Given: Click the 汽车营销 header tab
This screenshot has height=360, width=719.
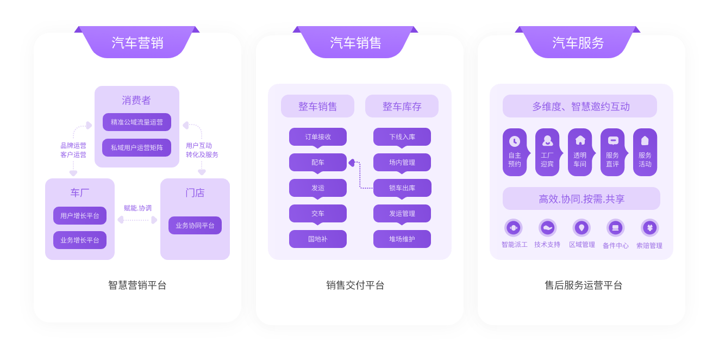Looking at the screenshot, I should [x=137, y=42].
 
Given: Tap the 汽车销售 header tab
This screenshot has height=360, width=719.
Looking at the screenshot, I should [x=355, y=42].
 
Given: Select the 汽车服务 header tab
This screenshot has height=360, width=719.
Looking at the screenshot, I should [x=578, y=42].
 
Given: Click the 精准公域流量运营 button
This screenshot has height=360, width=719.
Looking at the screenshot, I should [x=137, y=122].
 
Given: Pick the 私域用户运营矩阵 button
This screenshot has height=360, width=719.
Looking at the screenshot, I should [x=137, y=147].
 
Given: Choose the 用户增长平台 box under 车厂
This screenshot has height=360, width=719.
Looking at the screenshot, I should [x=80, y=215].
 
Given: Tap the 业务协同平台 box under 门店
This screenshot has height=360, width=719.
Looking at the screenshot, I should [x=195, y=225].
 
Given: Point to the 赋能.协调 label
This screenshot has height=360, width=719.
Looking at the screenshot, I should [x=137, y=208].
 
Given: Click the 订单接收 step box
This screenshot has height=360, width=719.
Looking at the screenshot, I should [x=318, y=136].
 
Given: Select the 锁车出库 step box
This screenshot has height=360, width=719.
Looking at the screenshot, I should [x=402, y=188].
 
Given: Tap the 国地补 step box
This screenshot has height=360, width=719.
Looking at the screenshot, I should [x=318, y=239].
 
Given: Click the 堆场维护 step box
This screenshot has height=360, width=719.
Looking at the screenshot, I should [x=402, y=239].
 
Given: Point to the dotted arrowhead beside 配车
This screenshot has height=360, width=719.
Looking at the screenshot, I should [x=352, y=162].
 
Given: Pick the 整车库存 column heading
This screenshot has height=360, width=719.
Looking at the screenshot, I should [x=402, y=107].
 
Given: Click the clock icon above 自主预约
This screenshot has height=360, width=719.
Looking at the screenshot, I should [x=515, y=141].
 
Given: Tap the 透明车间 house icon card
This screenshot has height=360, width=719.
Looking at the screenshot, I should [x=580, y=152].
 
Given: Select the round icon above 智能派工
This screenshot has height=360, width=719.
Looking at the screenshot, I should [x=514, y=228].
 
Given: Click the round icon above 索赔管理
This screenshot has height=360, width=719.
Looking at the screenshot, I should [x=649, y=228].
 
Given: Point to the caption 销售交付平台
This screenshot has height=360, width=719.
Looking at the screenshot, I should [x=355, y=285].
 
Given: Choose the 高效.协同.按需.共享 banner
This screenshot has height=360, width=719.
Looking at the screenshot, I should [x=582, y=199].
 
